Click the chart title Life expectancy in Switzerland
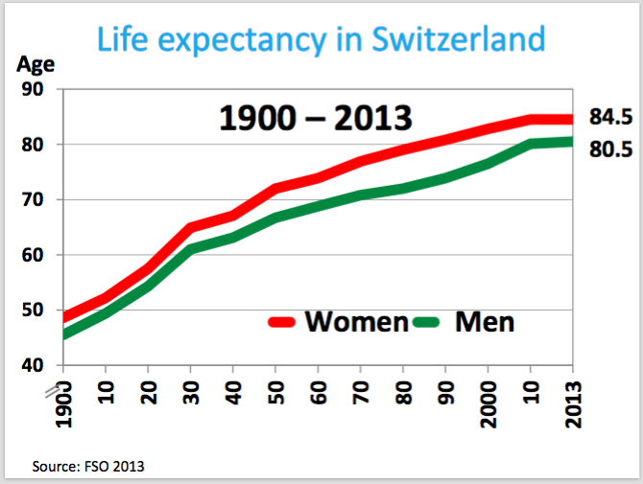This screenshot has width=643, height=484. coord(321,39)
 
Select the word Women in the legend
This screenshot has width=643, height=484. coord(356,321)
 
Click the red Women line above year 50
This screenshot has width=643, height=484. coord(275,187)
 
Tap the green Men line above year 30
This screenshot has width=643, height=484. coord(190,249)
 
